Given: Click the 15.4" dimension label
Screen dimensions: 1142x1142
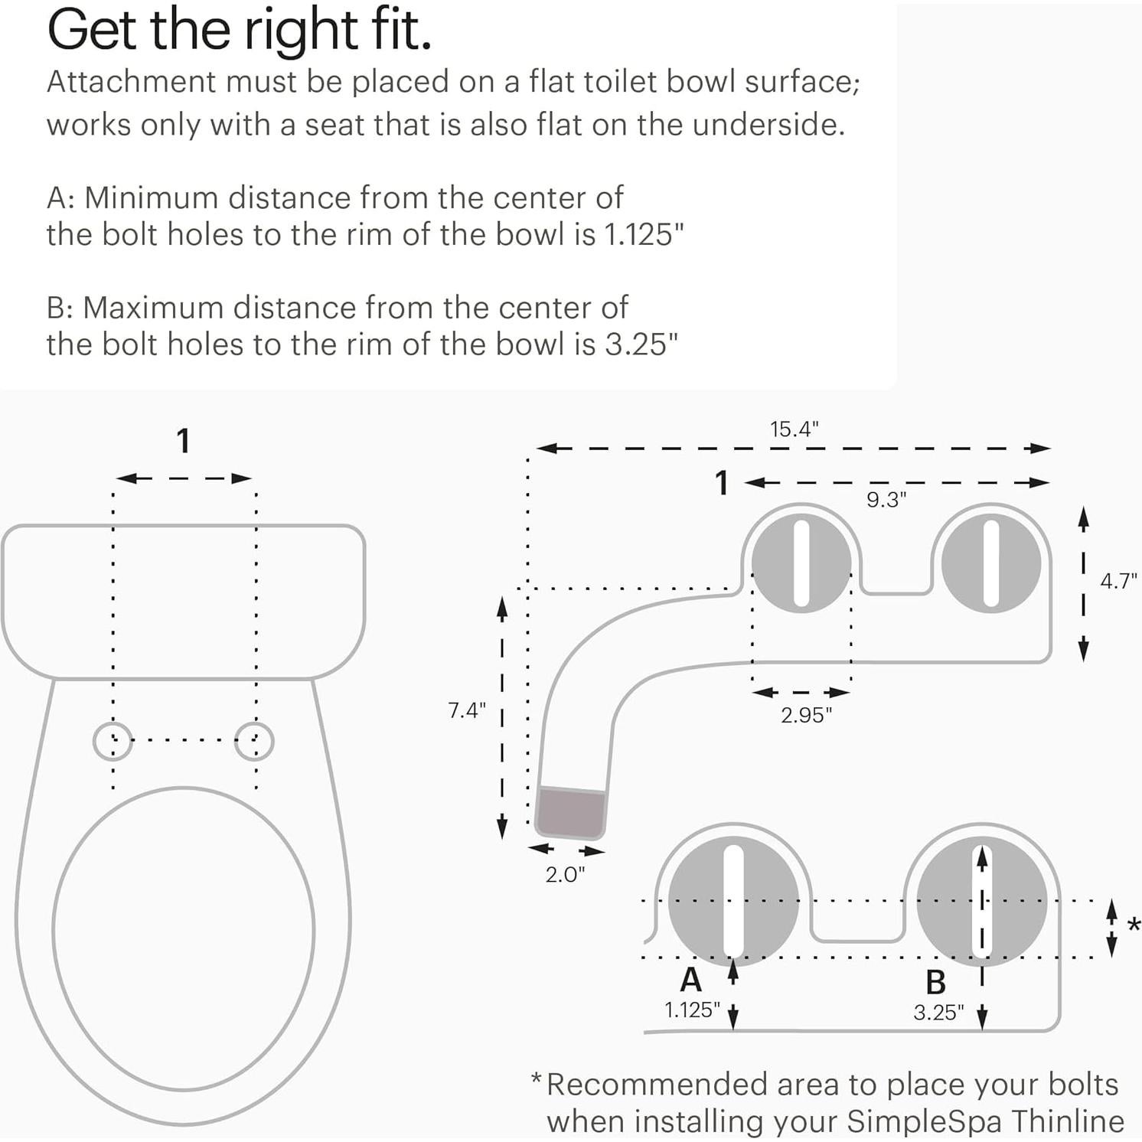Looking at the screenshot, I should [x=794, y=429].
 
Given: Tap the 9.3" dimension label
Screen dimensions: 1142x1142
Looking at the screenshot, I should [x=886, y=500].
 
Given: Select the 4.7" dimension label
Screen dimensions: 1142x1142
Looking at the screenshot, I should [x=1118, y=581].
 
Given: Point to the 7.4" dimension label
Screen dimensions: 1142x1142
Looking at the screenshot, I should [x=467, y=710].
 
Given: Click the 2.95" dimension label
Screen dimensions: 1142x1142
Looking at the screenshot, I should [x=805, y=715].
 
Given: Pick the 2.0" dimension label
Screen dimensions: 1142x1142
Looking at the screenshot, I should [x=565, y=874].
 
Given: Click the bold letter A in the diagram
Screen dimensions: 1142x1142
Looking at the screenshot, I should [x=690, y=980].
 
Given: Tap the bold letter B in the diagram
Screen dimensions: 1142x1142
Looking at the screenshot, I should [x=935, y=982].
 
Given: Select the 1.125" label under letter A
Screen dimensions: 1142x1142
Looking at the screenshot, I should [x=692, y=1010].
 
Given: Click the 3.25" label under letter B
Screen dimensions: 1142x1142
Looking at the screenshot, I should [x=938, y=1013].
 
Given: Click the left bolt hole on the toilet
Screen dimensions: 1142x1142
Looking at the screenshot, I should [x=113, y=741].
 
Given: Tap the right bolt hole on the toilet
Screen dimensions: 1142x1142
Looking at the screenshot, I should [x=254, y=741].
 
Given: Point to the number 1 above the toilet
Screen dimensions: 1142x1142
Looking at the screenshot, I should [x=183, y=442].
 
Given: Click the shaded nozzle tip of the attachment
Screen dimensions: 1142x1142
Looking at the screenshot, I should [x=570, y=812].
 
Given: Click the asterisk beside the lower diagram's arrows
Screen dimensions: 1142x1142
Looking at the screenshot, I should [x=1134, y=926].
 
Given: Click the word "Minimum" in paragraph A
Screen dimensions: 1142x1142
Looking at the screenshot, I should [x=151, y=198].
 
